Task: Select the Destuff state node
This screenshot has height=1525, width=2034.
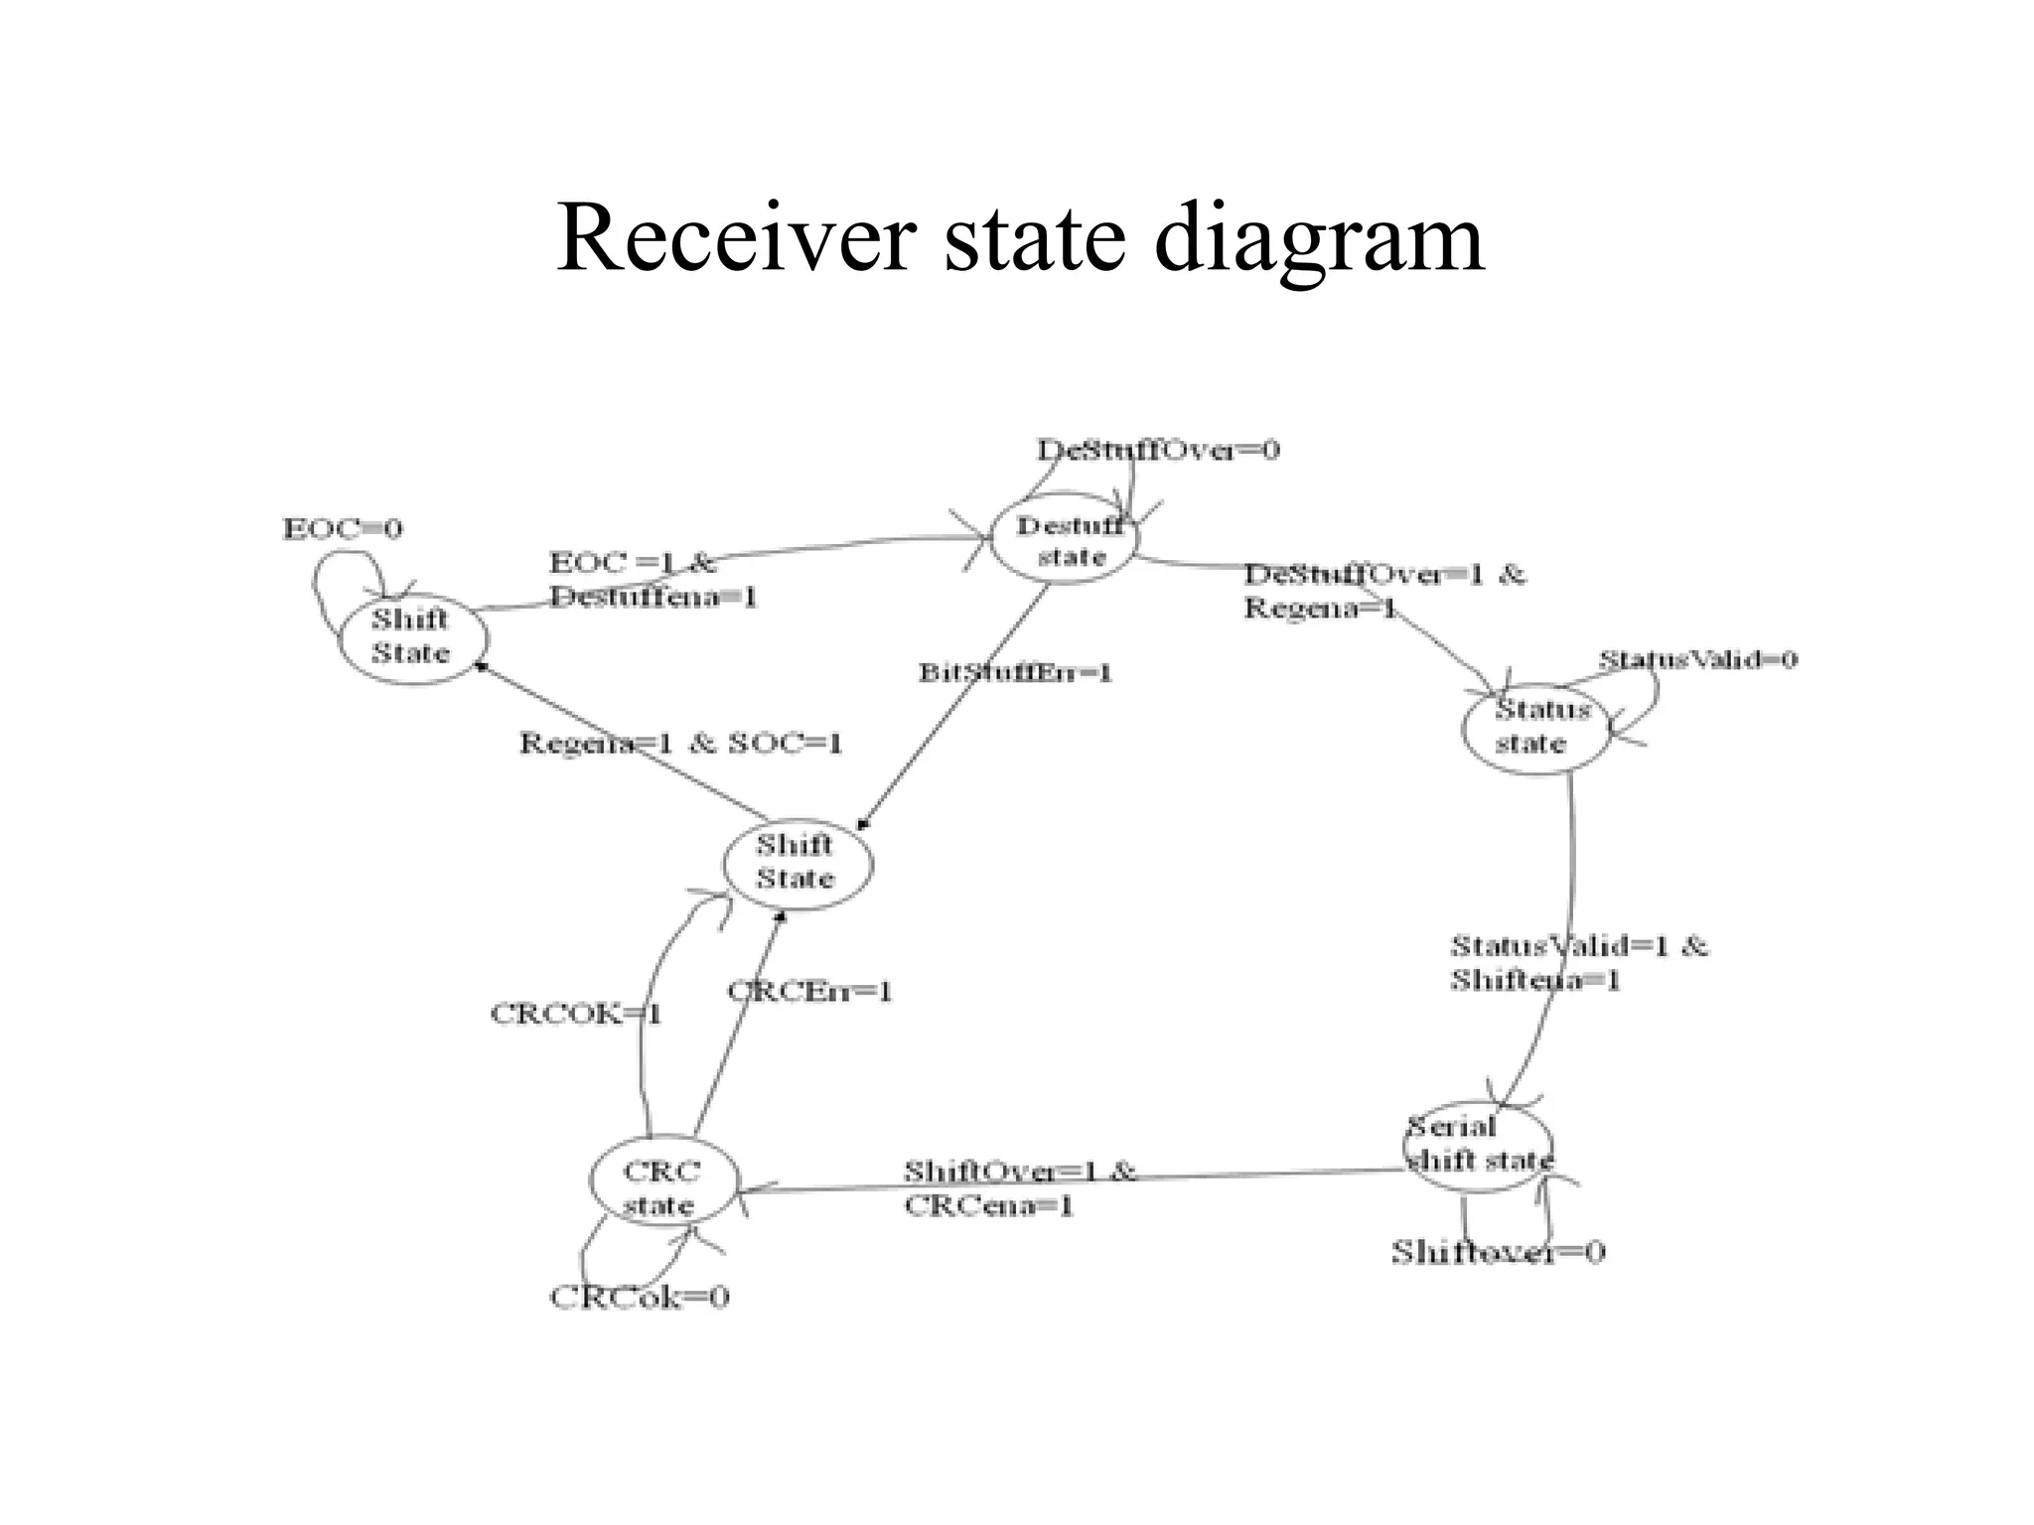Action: pos(1067,541)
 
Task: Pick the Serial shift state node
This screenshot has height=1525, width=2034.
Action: pos(1478,1144)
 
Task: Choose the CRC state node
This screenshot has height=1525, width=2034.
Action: pos(662,1188)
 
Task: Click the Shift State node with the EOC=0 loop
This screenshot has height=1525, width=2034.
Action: pos(412,636)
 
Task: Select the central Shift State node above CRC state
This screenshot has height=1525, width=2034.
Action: pos(797,862)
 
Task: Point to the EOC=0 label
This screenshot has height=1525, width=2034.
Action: pos(343,528)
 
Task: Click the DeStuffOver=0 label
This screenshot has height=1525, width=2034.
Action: pos(1158,451)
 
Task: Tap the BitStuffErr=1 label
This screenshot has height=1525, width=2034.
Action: pos(1014,673)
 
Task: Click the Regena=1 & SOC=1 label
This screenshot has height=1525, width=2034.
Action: pos(680,744)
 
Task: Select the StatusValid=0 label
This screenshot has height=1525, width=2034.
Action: pos(1697,660)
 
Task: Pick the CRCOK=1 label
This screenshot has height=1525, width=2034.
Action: pos(576,1014)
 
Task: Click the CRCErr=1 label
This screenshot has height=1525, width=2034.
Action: pos(809,991)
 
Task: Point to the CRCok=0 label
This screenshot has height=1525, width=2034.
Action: pos(640,1297)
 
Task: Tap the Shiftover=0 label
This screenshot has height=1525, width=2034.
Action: pos(1497,1252)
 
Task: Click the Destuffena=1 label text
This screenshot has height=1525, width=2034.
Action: pos(653,598)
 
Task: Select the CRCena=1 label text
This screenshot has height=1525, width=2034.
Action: pos(988,1206)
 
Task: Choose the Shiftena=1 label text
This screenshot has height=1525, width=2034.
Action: pos(1534,981)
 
